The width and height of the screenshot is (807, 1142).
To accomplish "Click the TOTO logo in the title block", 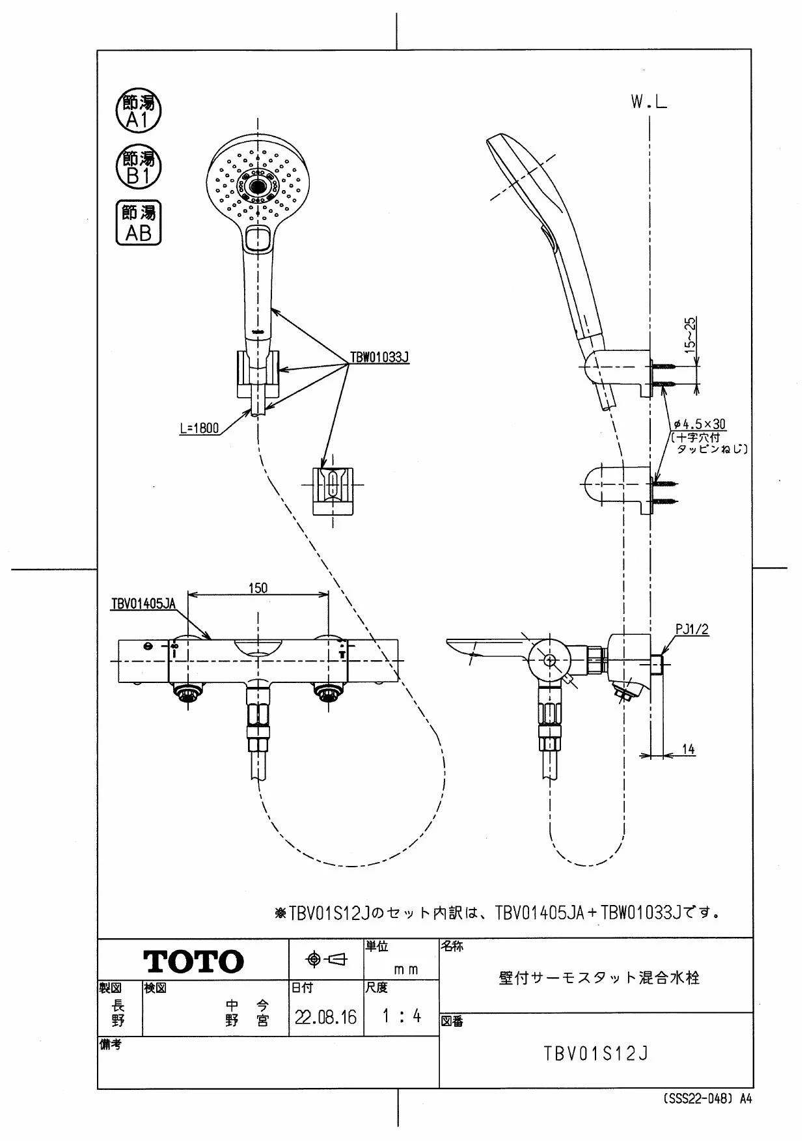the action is (193, 961).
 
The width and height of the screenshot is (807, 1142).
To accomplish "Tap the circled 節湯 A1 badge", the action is (138, 111).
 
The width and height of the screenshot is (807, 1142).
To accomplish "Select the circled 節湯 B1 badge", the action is (138, 167).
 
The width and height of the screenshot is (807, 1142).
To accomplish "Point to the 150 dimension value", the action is (258, 588).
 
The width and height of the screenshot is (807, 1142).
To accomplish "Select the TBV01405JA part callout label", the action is (143, 604).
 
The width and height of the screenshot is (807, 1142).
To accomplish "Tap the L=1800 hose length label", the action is (199, 428).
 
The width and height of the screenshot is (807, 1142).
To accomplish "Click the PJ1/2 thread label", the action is (692, 630).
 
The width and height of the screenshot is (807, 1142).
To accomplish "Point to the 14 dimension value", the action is (688, 749).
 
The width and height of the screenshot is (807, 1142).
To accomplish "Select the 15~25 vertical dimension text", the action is (691, 333).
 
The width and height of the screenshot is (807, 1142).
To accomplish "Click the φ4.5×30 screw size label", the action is (700, 424).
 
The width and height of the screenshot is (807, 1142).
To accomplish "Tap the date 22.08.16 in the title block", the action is (325, 1017).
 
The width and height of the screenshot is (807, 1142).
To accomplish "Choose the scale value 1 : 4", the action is (401, 1016).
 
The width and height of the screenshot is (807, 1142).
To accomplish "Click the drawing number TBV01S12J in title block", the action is (596, 1053).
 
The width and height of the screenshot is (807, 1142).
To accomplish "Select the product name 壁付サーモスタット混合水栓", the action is (599, 977).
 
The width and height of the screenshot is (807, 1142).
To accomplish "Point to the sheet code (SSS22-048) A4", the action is (707, 1098).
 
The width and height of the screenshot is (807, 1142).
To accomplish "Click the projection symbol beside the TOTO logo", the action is (327, 958).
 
